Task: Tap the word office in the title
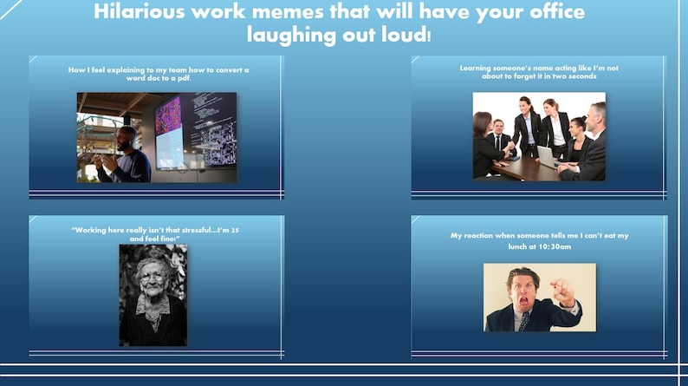click(x=540, y=12)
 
